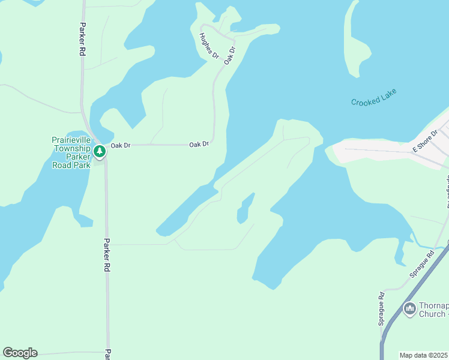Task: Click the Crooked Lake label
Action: (375, 97)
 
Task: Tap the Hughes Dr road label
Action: (209, 45)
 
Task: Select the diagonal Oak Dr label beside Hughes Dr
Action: (229, 55)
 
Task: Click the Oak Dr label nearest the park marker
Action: (121, 145)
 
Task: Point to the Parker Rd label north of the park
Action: (82, 40)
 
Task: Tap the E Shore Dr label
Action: (425, 143)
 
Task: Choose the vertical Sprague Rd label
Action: (381, 308)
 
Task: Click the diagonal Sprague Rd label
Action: (422, 264)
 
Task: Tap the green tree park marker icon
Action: (100, 151)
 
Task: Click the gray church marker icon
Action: (410, 308)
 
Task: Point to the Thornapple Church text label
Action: (433, 309)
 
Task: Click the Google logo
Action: (20, 353)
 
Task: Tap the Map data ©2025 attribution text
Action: (424, 355)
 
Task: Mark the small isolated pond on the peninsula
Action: (245, 210)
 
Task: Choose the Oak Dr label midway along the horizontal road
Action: (199, 145)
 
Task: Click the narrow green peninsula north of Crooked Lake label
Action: (351, 42)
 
